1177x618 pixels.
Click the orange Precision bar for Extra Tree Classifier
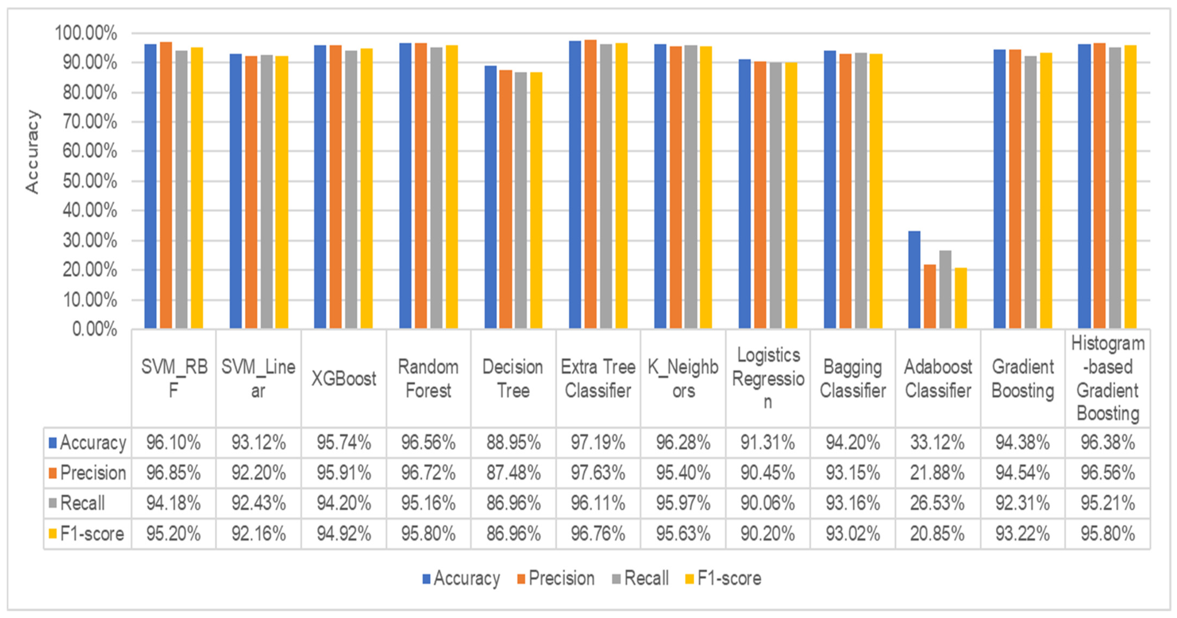590,183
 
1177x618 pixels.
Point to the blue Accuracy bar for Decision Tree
490,196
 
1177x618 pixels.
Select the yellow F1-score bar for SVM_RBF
197,187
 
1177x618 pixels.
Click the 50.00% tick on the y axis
90,181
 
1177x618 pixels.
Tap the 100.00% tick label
86,33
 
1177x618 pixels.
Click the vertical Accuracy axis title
32,152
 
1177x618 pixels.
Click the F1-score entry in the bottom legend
723,578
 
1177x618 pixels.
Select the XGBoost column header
344,378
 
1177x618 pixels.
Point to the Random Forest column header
428,378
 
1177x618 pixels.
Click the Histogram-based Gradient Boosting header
1108,378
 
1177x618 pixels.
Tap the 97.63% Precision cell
598,473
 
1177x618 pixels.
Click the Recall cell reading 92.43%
258,503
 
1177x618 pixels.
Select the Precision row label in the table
87,473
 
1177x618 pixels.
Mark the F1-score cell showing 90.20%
767,533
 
